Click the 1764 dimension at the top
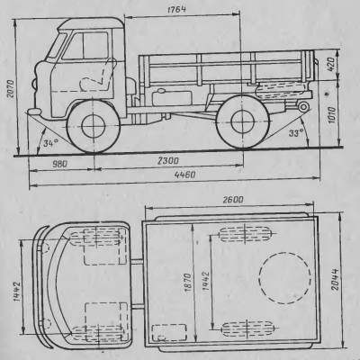click(x=176, y=9)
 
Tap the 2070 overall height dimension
click(x=11, y=89)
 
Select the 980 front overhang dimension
click(x=60, y=164)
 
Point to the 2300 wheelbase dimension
click(x=168, y=161)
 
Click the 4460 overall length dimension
click(x=184, y=175)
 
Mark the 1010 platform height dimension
click(x=332, y=115)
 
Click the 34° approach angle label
click(x=50, y=143)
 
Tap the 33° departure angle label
click(x=296, y=132)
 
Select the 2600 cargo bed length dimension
click(x=233, y=200)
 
